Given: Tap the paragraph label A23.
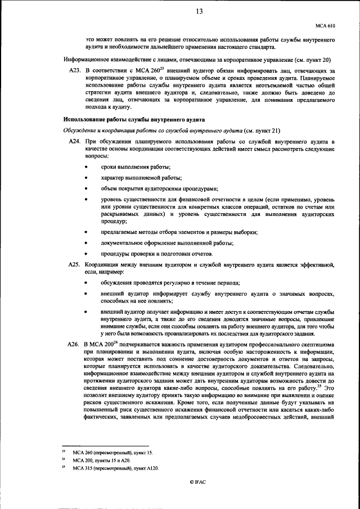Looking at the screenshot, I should coord(74,70).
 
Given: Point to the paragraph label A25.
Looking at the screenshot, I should coord(74,264).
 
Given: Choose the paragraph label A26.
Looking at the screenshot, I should coord(74,343).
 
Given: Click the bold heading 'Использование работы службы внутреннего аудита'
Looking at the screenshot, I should coord(134,120).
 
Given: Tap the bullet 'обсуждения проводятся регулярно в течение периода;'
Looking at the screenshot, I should coord(170,282).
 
